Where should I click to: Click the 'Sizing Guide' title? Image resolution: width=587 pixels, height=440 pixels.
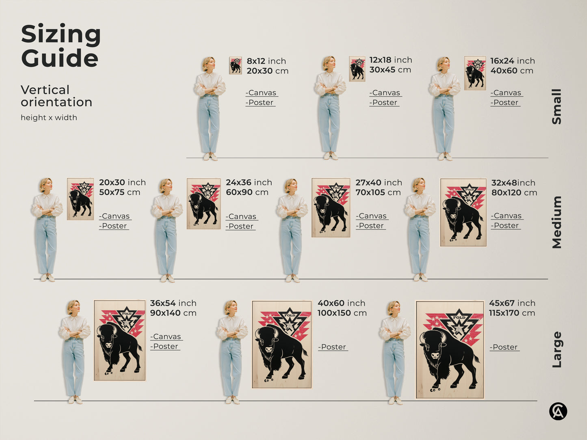[x=61, y=46]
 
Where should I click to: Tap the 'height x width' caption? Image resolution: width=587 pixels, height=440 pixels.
[x=49, y=118]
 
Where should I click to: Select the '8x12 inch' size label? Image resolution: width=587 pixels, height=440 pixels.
[x=266, y=61]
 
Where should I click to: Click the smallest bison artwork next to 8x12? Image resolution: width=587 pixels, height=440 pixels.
[x=235, y=65]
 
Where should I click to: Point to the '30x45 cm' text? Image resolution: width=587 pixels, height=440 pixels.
[x=390, y=70]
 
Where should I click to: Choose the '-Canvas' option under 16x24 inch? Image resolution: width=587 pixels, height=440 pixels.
[x=506, y=93]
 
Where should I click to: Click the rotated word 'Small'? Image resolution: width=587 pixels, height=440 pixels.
[x=557, y=106]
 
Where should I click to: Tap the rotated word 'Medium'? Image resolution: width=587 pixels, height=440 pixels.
[x=557, y=222]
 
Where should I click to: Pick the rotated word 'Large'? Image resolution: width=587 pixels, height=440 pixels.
[x=557, y=349]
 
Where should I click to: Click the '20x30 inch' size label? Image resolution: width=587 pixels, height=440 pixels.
[x=122, y=183]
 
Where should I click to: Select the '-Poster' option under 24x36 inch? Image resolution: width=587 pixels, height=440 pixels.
[x=240, y=226]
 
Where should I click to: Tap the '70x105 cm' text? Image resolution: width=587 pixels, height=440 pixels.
[x=378, y=192]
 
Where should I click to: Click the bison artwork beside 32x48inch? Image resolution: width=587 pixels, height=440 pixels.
[x=463, y=212]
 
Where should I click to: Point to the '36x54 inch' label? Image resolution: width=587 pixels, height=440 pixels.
[x=173, y=303]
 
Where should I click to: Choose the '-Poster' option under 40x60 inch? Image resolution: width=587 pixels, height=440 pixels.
[x=333, y=347]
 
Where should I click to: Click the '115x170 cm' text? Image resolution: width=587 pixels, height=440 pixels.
[x=512, y=313]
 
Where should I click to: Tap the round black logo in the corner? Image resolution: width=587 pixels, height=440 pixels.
[x=558, y=412]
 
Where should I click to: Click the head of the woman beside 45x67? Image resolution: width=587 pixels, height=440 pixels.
[x=393, y=308]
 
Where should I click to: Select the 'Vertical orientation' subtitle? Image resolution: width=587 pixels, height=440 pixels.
[x=56, y=96]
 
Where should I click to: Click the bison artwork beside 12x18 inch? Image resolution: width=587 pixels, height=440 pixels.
[x=357, y=69]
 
